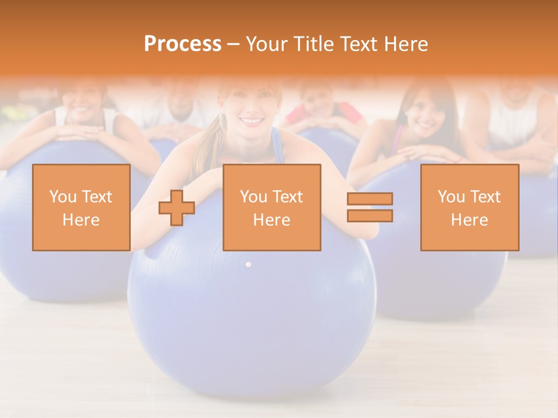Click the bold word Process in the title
[x=183, y=44]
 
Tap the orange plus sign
[x=177, y=207]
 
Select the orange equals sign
[x=370, y=207]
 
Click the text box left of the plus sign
[x=81, y=207]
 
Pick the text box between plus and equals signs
[x=271, y=207]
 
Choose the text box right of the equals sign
[x=469, y=207]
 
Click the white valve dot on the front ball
[x=248, y=265]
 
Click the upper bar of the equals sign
[x=370, y=199]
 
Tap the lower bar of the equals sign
[x=370, y=215]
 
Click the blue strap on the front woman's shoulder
[x=277, y=145]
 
